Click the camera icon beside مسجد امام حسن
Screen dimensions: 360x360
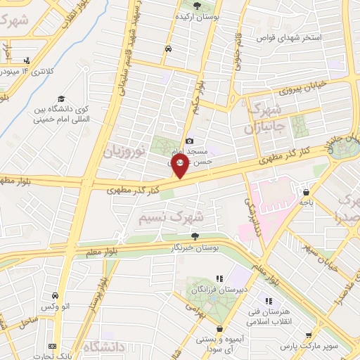(x=189, y=141)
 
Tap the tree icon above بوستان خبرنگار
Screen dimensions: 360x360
(x=195, y=236)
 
